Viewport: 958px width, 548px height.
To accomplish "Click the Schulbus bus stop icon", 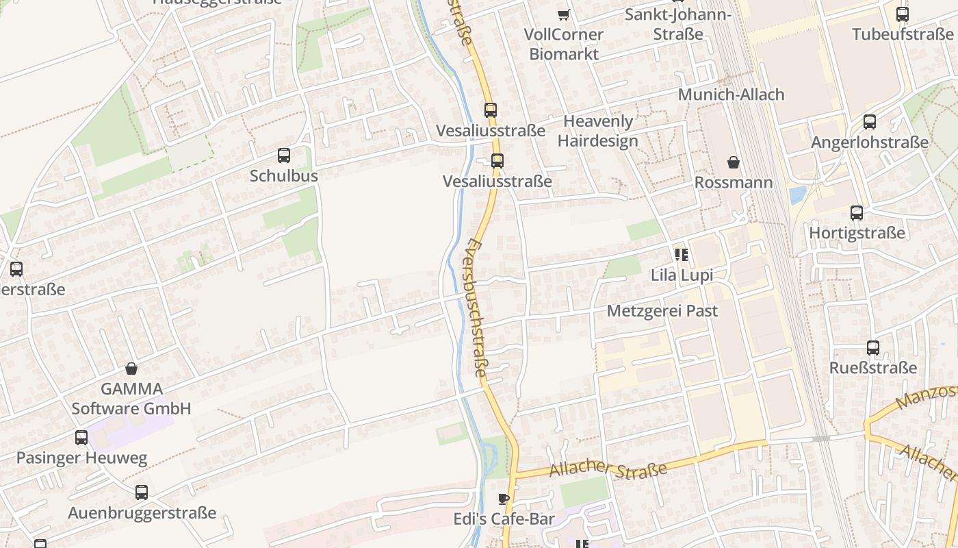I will tap(284, 155).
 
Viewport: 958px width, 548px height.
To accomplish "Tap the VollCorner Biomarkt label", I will tap(564, 44).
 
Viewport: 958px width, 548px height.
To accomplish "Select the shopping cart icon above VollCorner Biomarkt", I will tap(563, 14).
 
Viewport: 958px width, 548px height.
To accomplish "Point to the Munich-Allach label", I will tap(731, 95).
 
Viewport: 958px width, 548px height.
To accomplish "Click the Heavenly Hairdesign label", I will tap(598, 131).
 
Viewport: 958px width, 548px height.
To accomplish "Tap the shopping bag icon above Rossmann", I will tap(734, 162).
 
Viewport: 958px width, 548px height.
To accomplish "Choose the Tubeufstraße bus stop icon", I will tap(903, 14).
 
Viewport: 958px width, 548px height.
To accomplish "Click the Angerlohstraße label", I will tap(870, 142).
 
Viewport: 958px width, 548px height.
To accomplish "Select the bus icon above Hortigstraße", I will tap(857, 212).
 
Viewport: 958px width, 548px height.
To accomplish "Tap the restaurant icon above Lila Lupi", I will tap(681, 255).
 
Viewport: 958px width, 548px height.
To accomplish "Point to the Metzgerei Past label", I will tap(662, 311).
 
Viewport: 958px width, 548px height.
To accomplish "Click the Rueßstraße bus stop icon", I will tap(873, 347).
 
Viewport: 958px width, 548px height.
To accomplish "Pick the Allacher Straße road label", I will tap(608, 471).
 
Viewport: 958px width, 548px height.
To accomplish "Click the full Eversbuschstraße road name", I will tap(478, 308).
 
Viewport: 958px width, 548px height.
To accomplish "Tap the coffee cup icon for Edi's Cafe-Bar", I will tap(504, 499).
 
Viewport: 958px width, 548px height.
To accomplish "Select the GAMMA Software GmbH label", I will tap(131, 399).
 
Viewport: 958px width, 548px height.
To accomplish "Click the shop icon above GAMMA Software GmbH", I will tap(131, 369).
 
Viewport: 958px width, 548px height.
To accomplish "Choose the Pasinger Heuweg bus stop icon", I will tap(81, 437).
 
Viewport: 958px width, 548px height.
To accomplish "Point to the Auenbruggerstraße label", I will tap(142, 512).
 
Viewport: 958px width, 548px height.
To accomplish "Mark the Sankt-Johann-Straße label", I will tap(678, 24).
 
